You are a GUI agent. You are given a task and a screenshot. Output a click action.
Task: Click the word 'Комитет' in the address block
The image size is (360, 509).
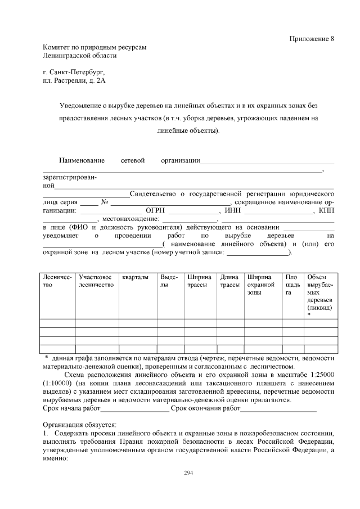(57, 47)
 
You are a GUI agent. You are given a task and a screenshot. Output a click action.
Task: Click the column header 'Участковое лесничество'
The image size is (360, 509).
(96, 281)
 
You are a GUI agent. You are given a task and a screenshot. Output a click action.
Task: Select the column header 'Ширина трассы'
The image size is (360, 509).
(200, 281)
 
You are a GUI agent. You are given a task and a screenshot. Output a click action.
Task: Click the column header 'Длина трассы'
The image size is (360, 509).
(229, 281)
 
